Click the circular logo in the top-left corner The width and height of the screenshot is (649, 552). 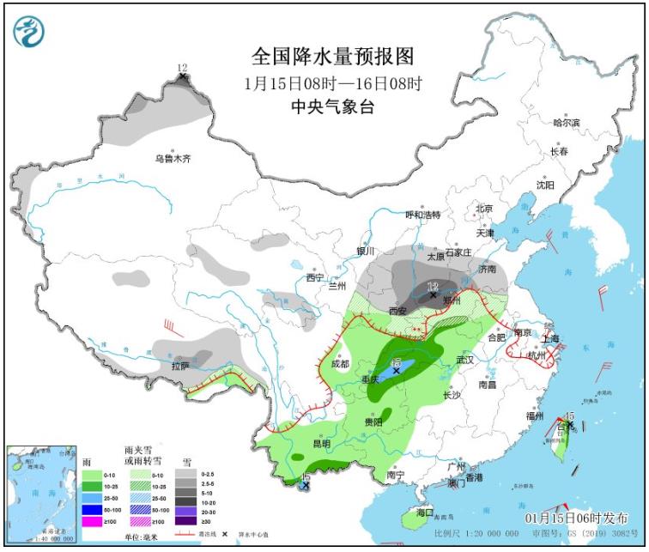click(x=28, y=32)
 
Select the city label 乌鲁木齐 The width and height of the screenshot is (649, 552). click(x=172, y=159)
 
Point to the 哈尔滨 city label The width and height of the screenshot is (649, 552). click(x=566, y=124)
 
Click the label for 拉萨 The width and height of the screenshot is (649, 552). click(x=179, y=366)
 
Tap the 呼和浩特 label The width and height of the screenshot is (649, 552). click(x=422, y=215)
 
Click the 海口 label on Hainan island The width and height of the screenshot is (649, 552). click(x=424, y=513)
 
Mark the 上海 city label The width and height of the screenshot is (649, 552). click(x=550, y=338)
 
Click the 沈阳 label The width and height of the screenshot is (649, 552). click(x=545, y=185)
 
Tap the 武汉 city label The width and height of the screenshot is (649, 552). click(x=466, y=359)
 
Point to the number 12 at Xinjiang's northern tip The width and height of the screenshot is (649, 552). click(x=182, y=68)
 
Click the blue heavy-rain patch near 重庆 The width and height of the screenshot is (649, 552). click(x=403, y=367)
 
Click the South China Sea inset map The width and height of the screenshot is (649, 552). click(x=39, y=496)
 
